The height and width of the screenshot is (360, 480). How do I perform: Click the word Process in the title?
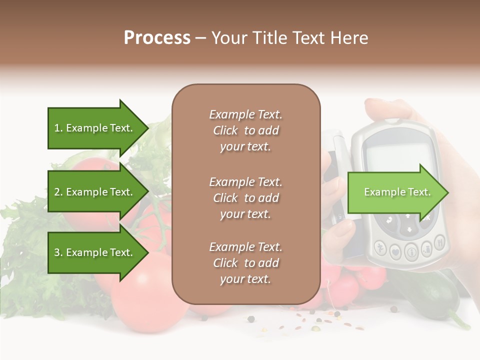click(x=157, y=38)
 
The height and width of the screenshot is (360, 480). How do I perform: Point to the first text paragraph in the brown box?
click(x=245, y=130)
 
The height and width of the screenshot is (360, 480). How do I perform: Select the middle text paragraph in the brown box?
click(x=245, y=197)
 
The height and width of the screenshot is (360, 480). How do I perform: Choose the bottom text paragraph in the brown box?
click(x=245, y=263)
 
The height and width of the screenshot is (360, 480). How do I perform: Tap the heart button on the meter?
click(x=396, y=251)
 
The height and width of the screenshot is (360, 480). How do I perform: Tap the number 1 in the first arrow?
click(x=57, y=128)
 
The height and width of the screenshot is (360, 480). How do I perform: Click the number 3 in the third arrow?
click(x=57, y=253)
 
